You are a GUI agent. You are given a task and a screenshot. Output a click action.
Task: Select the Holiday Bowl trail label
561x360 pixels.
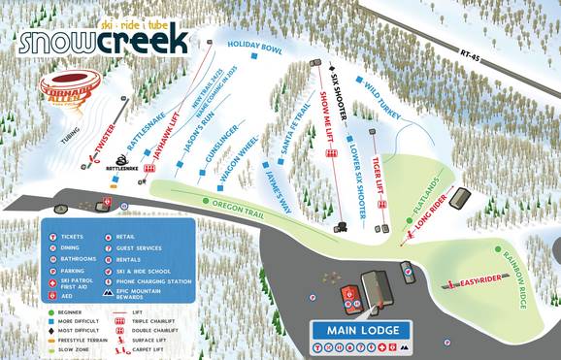coord(253,46)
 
